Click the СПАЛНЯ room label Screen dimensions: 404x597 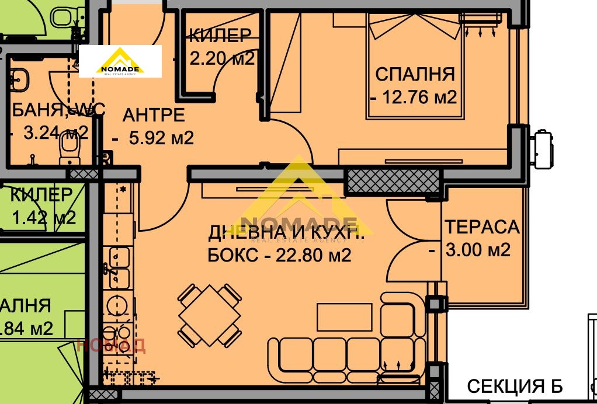(414, 75)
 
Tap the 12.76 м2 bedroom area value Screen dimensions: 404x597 (418, 97)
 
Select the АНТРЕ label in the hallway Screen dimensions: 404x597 (153, 115)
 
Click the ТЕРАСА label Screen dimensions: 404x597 (481, 227)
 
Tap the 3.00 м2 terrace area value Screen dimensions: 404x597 (477, 250)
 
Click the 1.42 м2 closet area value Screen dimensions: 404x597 (44, 218)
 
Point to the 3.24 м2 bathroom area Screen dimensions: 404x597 (55, 133)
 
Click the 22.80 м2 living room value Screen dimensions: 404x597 (316, 255)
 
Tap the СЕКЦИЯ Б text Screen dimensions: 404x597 (514, 386)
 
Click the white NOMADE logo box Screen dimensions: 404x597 (120, 61)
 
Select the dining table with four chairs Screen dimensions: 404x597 (210, 315)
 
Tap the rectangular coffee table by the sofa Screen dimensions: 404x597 (344, 317)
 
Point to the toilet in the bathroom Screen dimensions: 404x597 (69, 153)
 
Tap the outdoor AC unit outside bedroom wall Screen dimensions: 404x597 (542, 148)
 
